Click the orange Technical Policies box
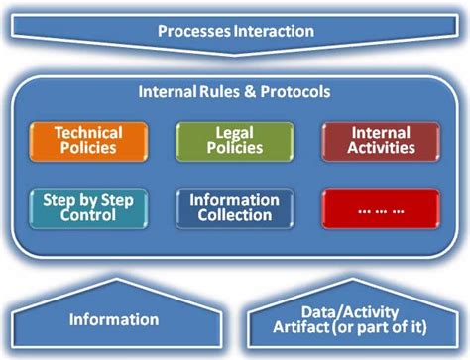pos(89,141)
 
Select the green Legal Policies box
pos(234,141)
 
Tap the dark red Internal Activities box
pos(380,141)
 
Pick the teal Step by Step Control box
pos(89,208)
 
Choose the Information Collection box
pos(234,208)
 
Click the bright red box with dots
pos(380,209)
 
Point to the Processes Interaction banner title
pos(235,31)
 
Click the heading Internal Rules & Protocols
pos(235,92)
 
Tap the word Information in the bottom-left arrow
pos(113,319)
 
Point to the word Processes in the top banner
pos(193,31)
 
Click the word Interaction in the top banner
pos(274,31)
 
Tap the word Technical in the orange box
pos(89,132)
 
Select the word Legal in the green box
pos(234,132)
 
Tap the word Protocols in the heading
pos(295,92)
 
